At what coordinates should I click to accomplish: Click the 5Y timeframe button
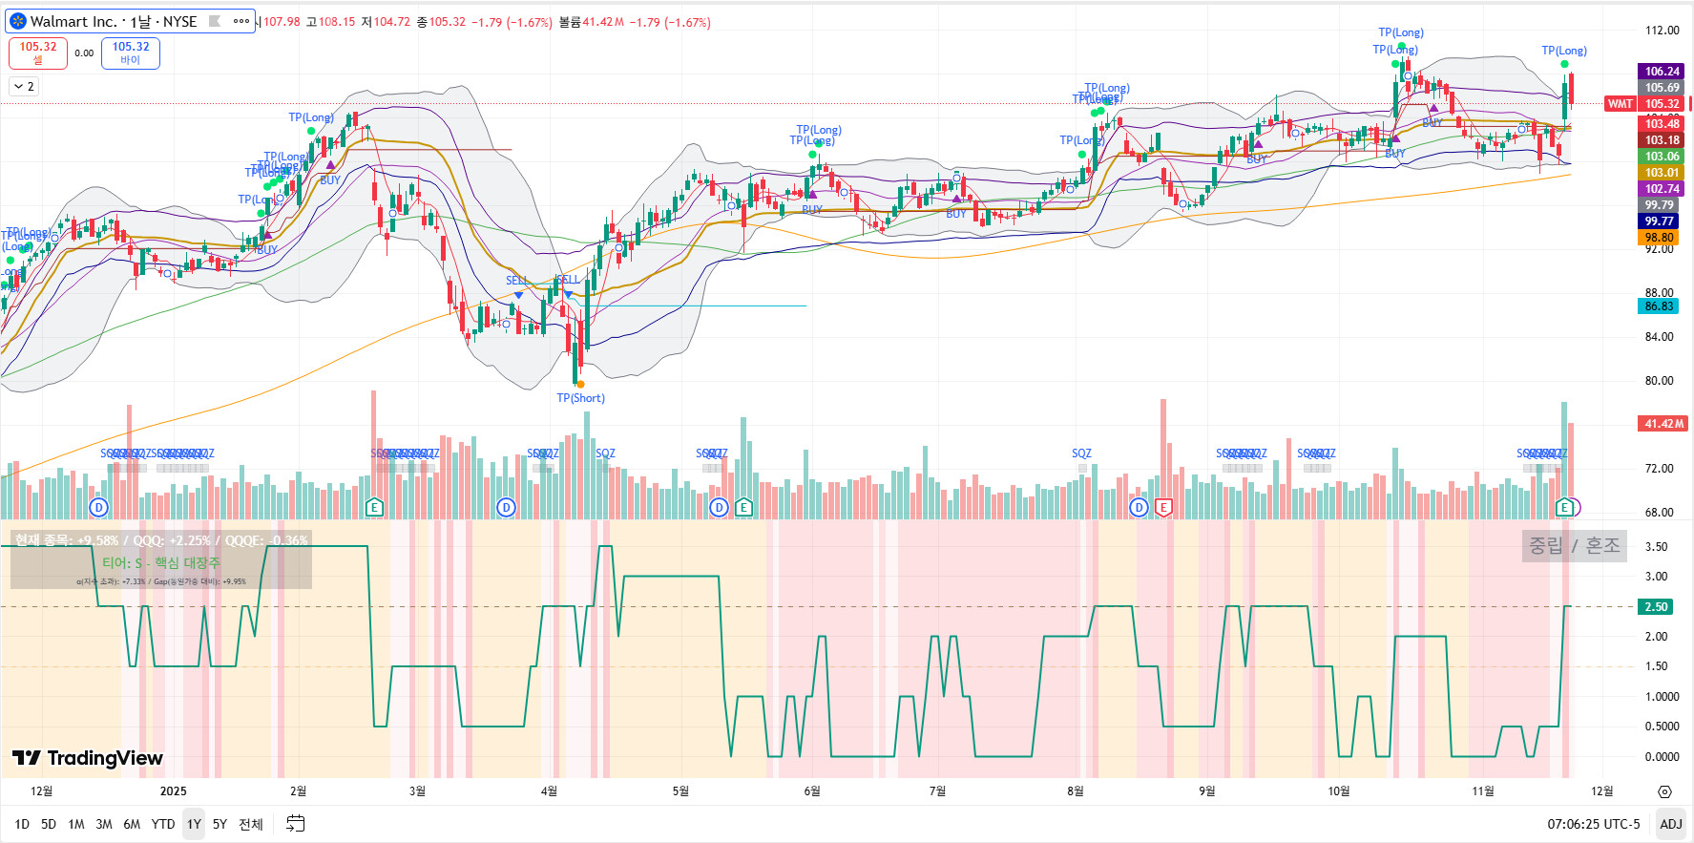pyautogui.click(x=220, y=824)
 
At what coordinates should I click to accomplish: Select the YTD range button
pyautogui.click(x=163, y=824)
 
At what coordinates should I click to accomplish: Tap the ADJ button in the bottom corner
pyautogui.click(x=1670, y=824)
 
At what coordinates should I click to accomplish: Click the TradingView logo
pyautogui.click(x=88, y=758)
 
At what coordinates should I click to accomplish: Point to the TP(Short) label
pyautogui.click(x=580, y=398)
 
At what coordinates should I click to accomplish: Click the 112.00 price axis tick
pyautogui.click(x=1662, y=31)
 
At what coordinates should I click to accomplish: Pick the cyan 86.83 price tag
pyautogui.click(x=1659, y=306)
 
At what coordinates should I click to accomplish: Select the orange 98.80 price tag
pyautogui.click(x=1659, y=238)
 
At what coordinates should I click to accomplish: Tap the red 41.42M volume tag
pyautogui.click(x=1663, y=424)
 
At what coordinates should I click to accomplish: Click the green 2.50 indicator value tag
pyautogui.click(x=1656, y=607)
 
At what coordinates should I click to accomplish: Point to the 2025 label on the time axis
pyautogui.click(x=174, y=791)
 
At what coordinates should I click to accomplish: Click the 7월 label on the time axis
pyautogui.click(x=937, y=791)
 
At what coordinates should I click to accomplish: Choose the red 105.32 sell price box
pyautogui.click(x=38, y=53)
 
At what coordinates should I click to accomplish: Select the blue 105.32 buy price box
pyautogui.click(x=131, y=53)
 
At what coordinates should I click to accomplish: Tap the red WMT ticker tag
pyautogui.click(x=1620, y=104)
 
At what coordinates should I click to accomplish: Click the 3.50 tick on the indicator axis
pyautogui.click(x=1656, y=547)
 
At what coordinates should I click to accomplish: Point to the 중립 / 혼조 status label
pyautogui.click(x=1574, y=546)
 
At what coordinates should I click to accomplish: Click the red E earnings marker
pyautogui.click(x=1163, y=507)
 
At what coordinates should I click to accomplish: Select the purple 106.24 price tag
pyautogui.click(x=1662, y=72)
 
